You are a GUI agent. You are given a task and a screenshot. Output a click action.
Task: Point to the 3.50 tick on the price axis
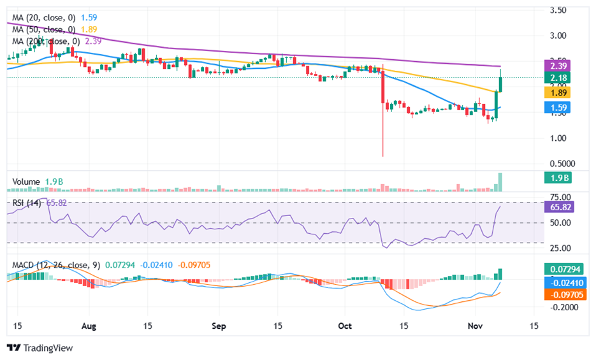pos(559,10)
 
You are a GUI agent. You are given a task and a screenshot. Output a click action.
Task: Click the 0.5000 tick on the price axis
pos(562,162)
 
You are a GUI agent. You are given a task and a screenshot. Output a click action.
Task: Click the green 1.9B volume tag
pos(559,178)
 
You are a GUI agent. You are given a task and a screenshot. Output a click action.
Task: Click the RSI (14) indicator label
pos(25,203)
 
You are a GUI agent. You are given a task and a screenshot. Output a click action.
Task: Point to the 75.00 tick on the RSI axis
pos(559,197)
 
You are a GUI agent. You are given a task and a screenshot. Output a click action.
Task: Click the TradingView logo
pos(40,348)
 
